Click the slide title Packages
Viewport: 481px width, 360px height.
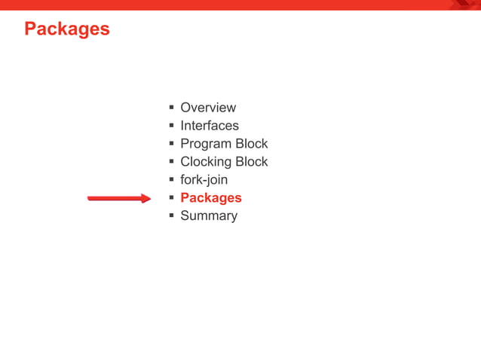66,29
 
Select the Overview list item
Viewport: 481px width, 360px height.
207,108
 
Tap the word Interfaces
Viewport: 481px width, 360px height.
209,126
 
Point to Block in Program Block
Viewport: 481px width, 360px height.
251,144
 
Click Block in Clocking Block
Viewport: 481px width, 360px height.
251,162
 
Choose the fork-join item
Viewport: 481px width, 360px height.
204,180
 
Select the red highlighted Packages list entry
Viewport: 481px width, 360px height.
210,198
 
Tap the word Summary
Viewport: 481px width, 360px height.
208,216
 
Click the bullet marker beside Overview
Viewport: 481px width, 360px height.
172,108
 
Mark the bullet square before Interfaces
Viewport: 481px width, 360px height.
172,126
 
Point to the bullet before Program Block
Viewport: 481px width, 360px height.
172,144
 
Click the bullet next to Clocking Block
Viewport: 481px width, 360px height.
172,162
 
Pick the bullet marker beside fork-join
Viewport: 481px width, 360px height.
172,180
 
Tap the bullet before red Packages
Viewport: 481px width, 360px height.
172,198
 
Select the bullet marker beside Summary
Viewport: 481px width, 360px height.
172,216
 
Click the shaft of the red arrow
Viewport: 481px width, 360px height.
113,199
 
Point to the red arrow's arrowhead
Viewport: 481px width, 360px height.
146,199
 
